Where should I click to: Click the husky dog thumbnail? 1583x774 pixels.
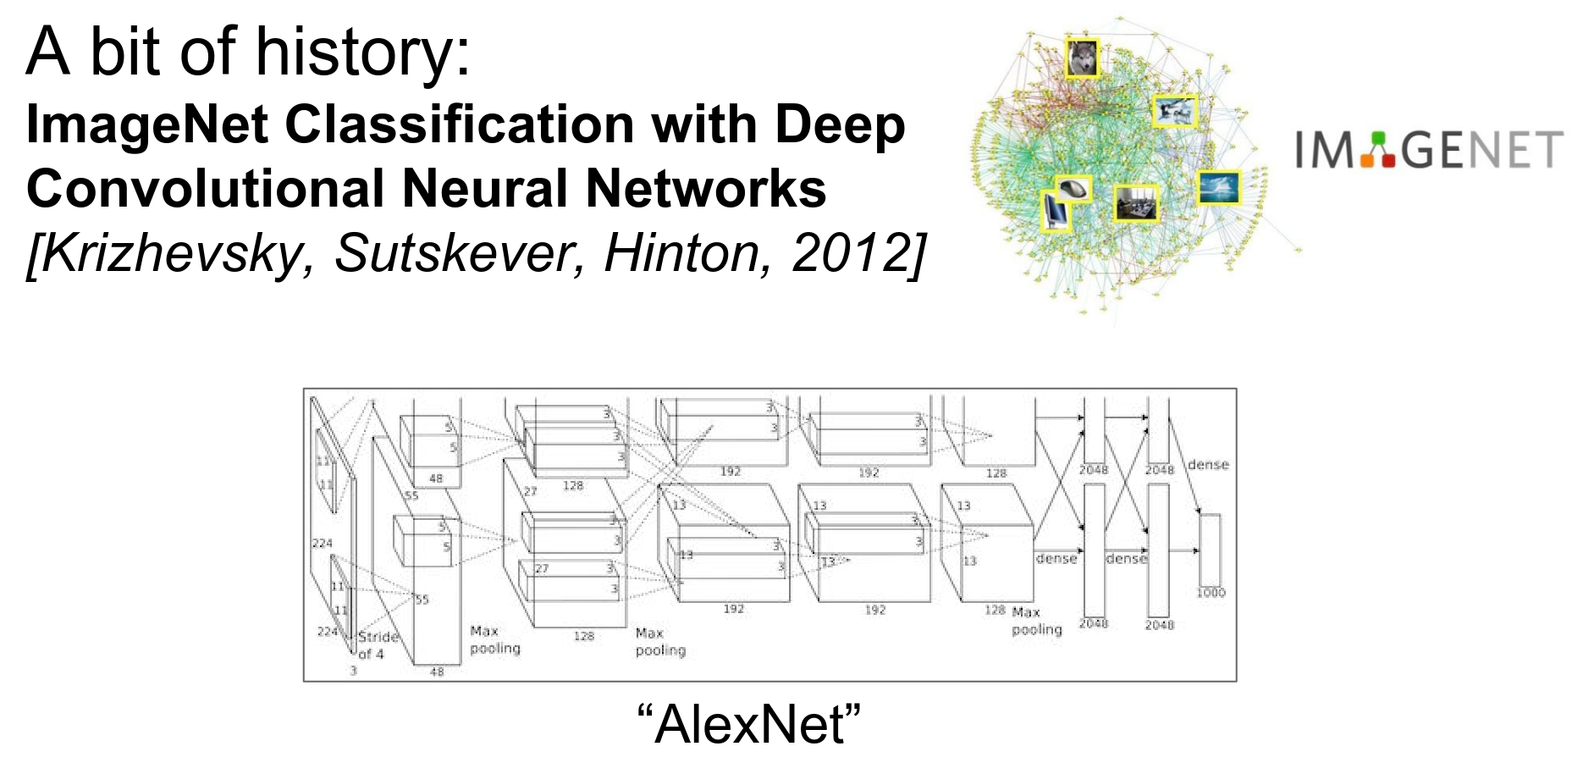pos(1081,58)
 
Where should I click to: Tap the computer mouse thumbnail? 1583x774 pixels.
pos(1073,189)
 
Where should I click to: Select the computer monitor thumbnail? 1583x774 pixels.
pos(1055,211)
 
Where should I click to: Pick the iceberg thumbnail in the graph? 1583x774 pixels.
pos(1219,187)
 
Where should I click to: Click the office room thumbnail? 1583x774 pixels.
pos(1135,203)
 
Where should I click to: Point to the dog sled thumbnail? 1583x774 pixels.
pos(1175,111)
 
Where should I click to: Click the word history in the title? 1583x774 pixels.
pos(362,53)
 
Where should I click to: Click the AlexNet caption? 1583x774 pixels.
pos(748,725)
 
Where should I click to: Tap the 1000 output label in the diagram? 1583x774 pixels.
pos(1211,593)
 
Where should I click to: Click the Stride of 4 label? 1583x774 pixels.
pos(377,644)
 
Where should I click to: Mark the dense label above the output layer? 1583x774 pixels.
pos(1208,465)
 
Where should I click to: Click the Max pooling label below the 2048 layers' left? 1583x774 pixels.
pos(1036,621)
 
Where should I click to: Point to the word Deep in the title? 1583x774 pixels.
pos(840,125)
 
